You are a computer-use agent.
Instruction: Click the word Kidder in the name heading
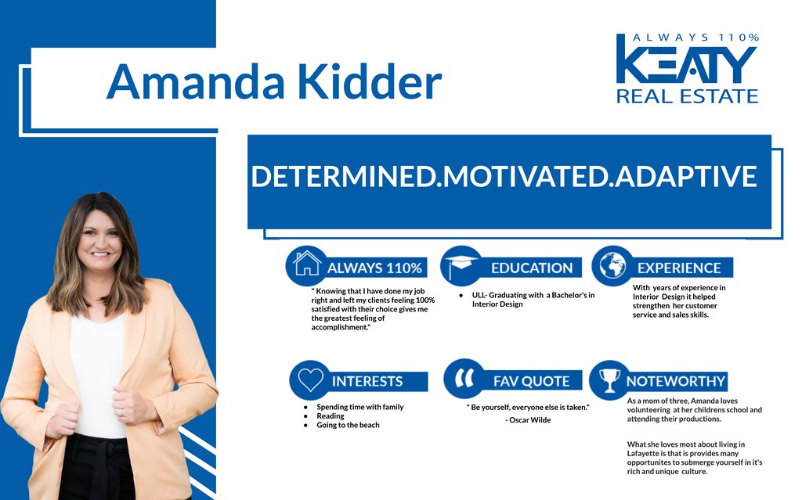[370, 81]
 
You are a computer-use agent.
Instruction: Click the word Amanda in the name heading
[195, 82]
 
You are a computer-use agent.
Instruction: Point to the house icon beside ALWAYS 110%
[307, 263]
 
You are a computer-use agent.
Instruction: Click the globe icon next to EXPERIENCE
[612, 266]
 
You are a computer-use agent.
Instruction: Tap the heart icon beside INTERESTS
[310, 379]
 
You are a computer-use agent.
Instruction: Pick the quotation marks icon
[464, 378]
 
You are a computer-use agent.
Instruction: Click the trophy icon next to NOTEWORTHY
[609, 380]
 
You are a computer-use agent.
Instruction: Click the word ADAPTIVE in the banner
[686, 176]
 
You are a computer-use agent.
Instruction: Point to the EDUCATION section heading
[532, 268]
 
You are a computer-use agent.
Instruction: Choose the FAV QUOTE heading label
[532, 381]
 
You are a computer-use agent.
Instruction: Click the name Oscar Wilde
[530, 419]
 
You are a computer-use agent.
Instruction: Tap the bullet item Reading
[331, 415]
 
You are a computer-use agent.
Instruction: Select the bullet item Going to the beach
[348, 425]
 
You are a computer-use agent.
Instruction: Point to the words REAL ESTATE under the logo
[687, 96]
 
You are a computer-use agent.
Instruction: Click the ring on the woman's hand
[121, 412]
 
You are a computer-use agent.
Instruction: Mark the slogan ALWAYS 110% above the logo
[695, 38]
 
